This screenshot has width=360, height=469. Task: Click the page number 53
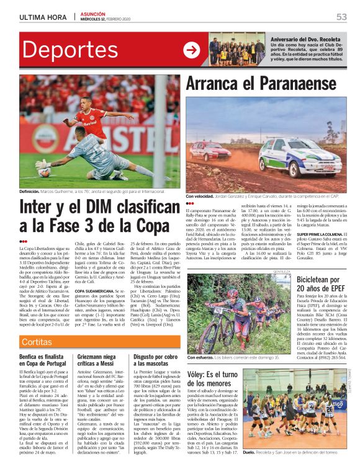pyautogui.click(x=341, y=17)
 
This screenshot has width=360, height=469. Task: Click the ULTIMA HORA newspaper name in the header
pyautogui.click(x=42, y=17)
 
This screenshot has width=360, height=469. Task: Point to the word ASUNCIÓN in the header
pyautogui.click(x=94, y=14)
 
